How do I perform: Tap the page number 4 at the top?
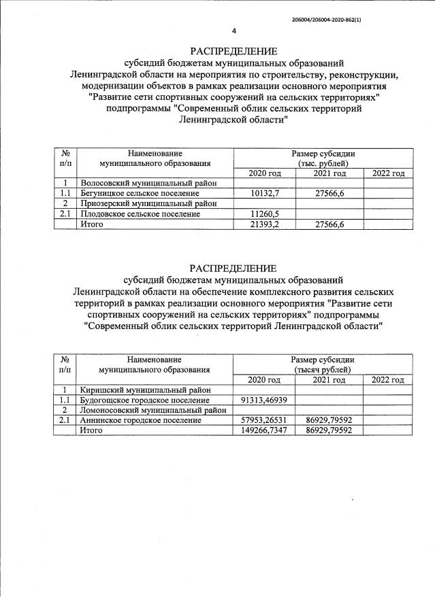(x=233, y=31)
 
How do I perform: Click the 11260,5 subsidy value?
(x=264, y=214)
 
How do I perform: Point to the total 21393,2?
(x=264, y=224)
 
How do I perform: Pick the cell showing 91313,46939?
(x=264, y=400)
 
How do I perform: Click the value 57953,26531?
(x=264, y=420)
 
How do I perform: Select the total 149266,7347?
(x=264, y=430)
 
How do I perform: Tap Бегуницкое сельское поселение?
(x=140, y=194)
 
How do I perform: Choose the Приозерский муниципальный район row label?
(x=148, y=204)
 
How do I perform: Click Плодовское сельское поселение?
(x=140, y=214)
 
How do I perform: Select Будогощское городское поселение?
(x=145, y=400)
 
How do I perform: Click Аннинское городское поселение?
(x=141, y=420)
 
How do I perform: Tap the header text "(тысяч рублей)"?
(x=323, y=369)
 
